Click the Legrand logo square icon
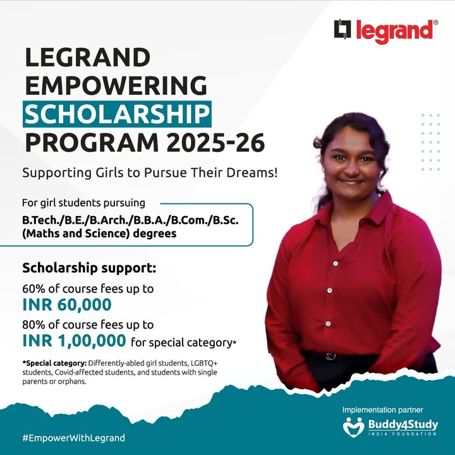coord(343,30)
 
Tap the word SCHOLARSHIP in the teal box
coord(118,114)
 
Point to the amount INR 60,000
coord(67,305)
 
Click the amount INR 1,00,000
coord(74,341)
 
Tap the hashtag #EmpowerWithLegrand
coord(73,437)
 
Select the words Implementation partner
coord(382,410)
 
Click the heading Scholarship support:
coord(89,267)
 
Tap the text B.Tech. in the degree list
coord(40,220)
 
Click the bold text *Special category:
coord(54,363)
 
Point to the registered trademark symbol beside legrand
coord(435,23)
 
